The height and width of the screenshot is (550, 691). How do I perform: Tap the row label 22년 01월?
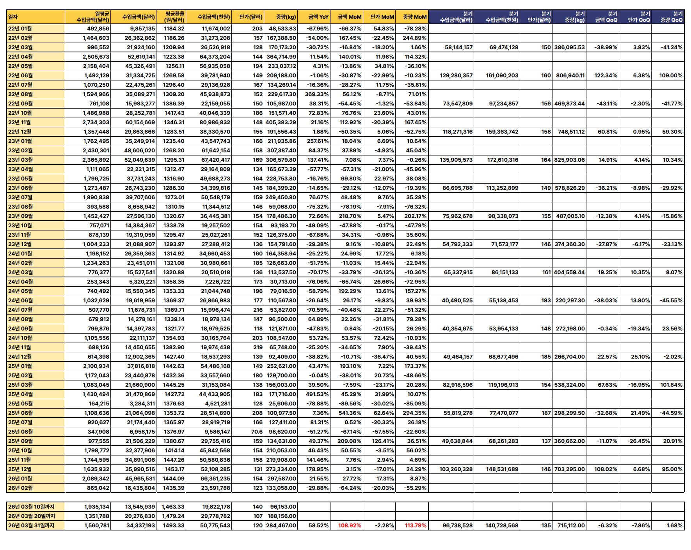pyautogui.click(x=20, y=29)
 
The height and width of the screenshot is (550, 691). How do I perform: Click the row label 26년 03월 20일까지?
pyautogui.click(x=32, y=516)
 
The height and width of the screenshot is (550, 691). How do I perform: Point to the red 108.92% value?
pyautogui.click(x=350, y=525)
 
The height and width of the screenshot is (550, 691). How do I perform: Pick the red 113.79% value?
pyautogui.click(x=416, y=525)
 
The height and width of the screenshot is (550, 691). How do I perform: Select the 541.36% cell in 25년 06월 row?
pyautogui.click(x=350, y=413)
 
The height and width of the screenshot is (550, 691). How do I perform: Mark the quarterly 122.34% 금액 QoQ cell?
pyautogui.click(x=606, y=75)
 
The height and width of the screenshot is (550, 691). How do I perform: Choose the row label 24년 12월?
pyautogui.click(x=20, y=357)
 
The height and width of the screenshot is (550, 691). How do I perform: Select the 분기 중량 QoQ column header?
pyautogui.click(x=671, y=17)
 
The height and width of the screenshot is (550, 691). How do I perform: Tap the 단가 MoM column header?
pyautogui.click(x=382, y=17)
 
